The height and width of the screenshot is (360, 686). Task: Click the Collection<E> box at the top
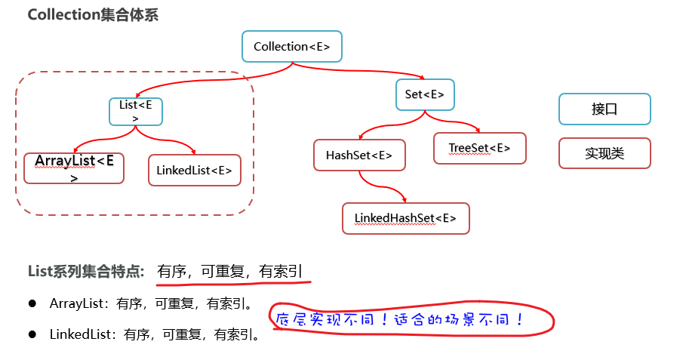(291, 46)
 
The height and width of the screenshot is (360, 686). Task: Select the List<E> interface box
(136, 111)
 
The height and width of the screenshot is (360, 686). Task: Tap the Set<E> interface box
(424, 94)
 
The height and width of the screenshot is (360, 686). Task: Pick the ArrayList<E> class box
(74, 168)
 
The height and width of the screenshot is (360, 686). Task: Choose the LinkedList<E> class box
(194, 170)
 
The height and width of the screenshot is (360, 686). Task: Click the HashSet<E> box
(359, 155)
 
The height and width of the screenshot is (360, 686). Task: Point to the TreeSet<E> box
(479, 148)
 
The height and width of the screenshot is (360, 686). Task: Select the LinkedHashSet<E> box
(405, 218)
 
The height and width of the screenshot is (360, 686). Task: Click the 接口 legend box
(604, 109)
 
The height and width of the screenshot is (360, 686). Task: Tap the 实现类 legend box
(604, 153)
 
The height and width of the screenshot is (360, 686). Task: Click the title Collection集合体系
(93, 16)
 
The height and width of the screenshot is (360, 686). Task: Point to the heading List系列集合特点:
(86, 272)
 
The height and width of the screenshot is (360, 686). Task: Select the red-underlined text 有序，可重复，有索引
(232, 272)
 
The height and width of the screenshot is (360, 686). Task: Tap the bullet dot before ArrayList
(32, 303)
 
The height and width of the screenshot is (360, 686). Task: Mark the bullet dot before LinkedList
(32, 333)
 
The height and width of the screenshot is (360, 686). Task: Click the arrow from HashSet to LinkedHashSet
(379, 187)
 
